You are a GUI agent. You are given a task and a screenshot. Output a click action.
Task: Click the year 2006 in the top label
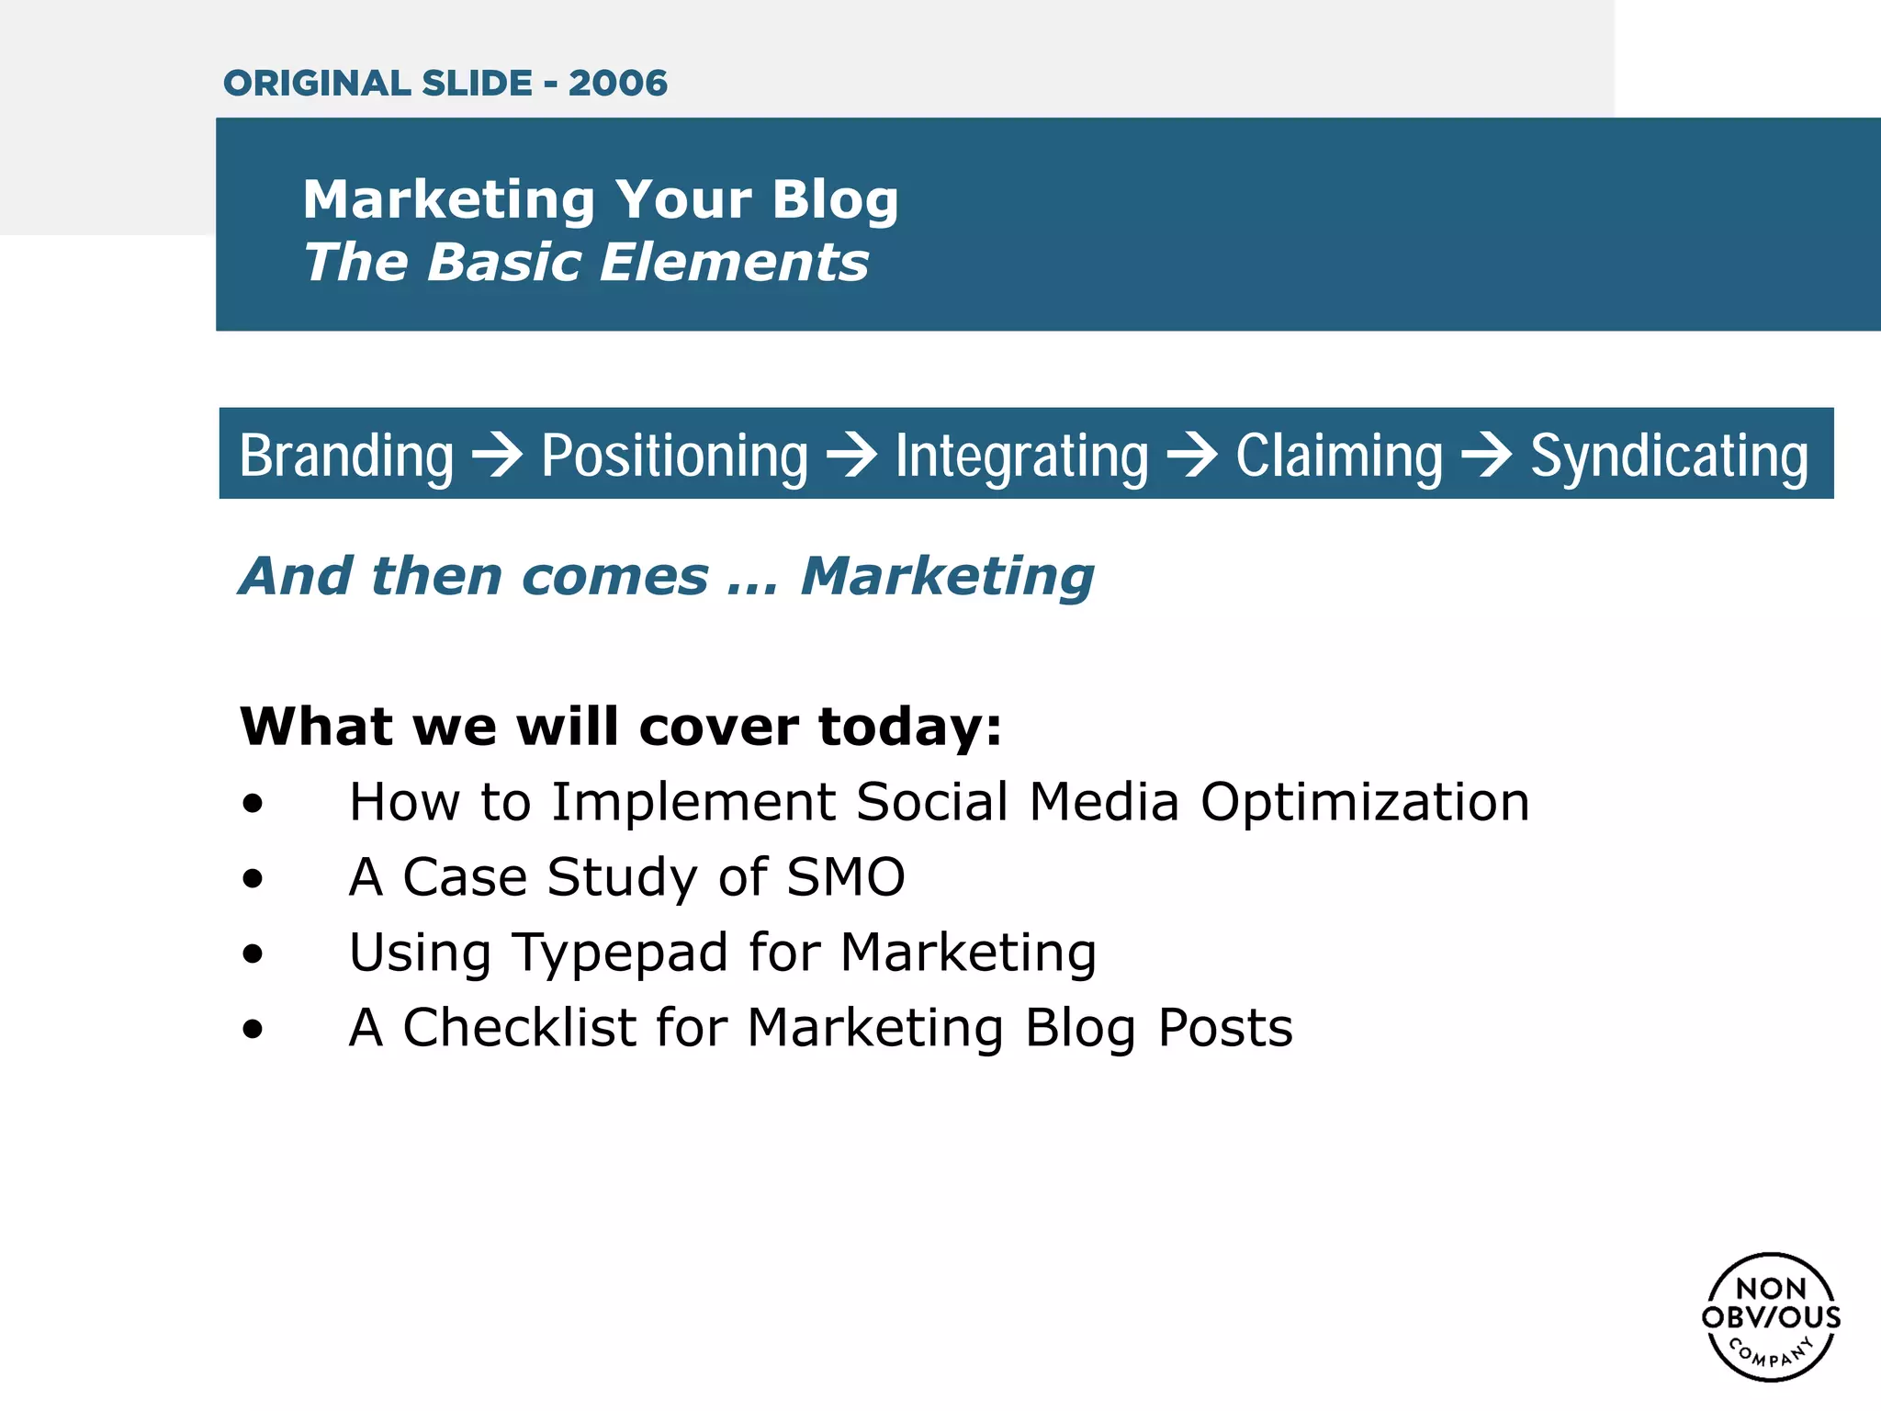[x=617, y=84]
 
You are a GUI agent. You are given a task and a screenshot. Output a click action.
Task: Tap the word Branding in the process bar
[x=346, y=456]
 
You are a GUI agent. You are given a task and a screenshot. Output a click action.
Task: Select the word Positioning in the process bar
[x=674, y=456]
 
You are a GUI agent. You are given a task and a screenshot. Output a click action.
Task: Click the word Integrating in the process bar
[x=1021, y=456]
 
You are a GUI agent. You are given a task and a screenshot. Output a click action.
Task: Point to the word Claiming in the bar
[x=1339, y=456]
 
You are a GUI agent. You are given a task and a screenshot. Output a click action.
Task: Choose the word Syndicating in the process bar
[x=1669, y=456]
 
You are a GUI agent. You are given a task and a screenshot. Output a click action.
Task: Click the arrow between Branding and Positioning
[x=497, y=454]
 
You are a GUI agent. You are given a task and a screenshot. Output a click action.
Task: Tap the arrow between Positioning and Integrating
[x=851, y=454]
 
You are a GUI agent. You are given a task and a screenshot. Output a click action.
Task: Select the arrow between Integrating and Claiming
[x=1192, y=454]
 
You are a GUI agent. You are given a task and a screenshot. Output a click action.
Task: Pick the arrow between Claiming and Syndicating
[x=1486, y=454]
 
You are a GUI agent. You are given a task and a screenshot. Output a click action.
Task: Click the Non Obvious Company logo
[x=1771, y=1316]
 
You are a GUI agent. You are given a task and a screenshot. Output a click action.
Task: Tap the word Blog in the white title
[x=834, y=200]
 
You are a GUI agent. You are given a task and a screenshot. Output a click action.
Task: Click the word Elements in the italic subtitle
[x=734, y=263]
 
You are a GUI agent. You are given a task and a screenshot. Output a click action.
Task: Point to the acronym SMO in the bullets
[x=846, y=876]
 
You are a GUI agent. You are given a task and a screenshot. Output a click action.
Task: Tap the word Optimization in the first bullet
[x=1365, y=802]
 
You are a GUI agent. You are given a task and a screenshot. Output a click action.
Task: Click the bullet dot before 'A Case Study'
[x=253, y=879]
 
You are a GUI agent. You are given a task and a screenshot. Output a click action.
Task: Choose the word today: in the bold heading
[x=910, y=727]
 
